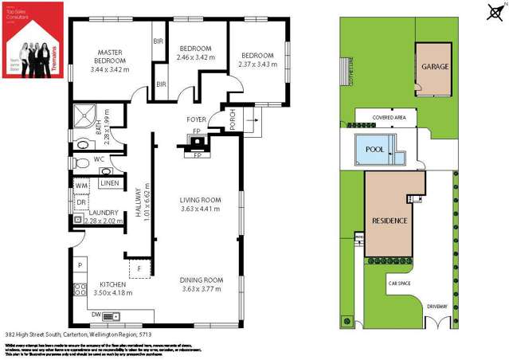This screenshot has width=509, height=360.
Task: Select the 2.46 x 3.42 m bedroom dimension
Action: click(x=194, y=57)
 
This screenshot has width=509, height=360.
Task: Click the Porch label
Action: click(x=233, y=119)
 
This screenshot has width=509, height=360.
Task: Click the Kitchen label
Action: click(x=112, y=284)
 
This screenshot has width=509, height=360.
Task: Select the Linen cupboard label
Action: click(x=110, y=184)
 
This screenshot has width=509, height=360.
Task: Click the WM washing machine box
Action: click(x=80, y=186)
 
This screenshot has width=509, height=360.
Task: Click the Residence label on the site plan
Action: click(x=390, y=221)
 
